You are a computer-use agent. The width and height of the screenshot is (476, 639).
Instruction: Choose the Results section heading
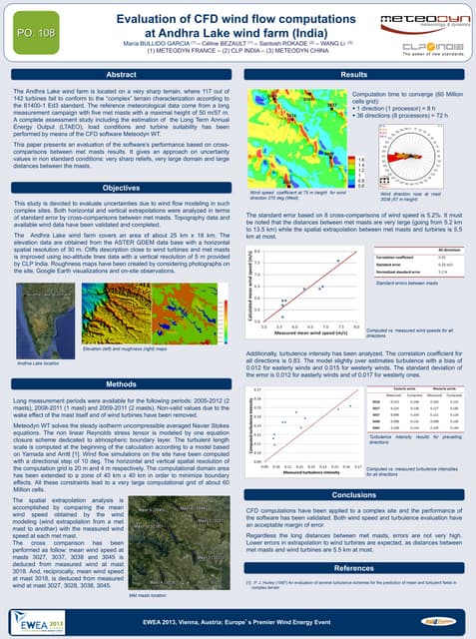(x=352, y=76)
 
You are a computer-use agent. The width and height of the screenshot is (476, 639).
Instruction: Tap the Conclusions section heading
(x=352, y=495)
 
